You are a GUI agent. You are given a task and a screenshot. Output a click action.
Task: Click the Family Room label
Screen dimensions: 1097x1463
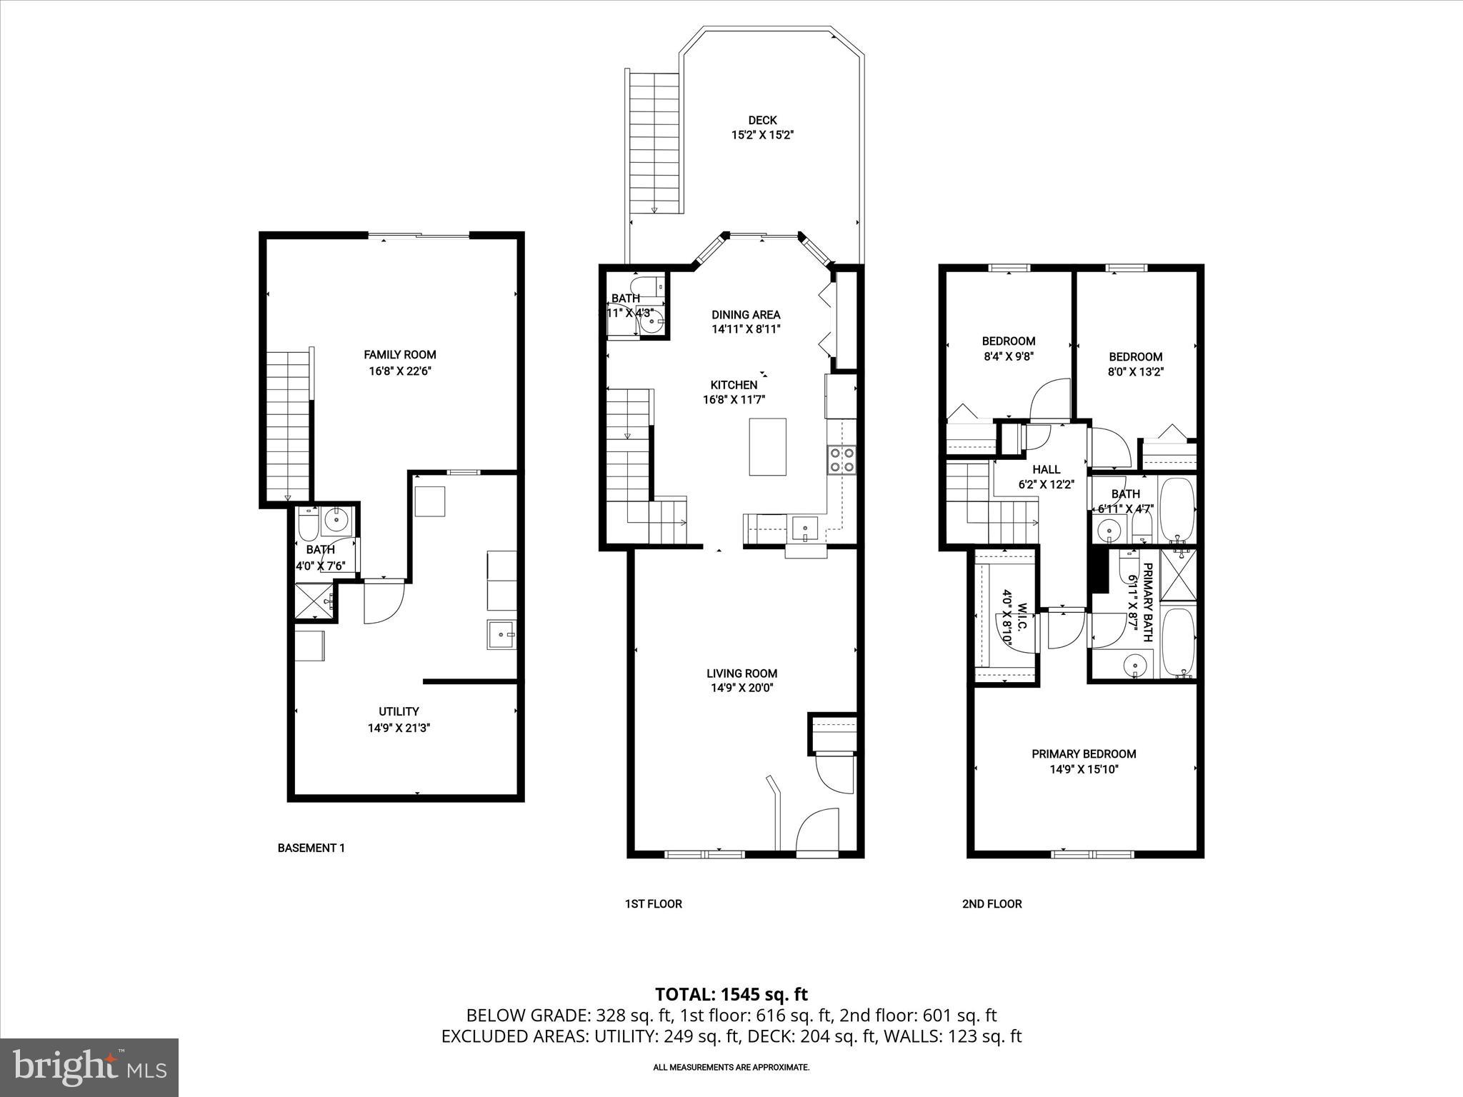[399, 355]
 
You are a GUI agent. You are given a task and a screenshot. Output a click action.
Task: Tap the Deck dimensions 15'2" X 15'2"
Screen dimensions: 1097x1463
[762, 134]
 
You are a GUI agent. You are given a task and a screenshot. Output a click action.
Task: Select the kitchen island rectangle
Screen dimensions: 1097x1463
[767, 447]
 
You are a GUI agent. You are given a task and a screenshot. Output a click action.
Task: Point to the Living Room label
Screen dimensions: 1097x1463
[742, 673]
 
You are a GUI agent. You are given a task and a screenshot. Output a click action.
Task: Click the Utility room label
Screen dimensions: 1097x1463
[399, 711]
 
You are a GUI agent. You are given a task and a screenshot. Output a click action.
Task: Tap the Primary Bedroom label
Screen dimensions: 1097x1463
[1084, 754]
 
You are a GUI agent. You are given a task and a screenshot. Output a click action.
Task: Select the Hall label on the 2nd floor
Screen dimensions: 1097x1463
[1046, 469]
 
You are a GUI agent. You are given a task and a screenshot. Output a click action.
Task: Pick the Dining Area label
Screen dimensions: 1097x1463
[746, 315]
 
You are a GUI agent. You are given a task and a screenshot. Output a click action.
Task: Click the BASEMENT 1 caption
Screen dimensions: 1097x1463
[311, 848]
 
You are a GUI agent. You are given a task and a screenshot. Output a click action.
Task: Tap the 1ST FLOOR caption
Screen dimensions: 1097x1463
[653, 904]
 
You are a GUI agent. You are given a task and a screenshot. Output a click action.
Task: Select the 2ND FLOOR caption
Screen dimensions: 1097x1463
[992, 904]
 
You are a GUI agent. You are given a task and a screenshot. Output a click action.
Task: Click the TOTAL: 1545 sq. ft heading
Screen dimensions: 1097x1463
[731, 994]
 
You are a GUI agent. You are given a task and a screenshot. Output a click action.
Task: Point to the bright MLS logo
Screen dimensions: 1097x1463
[89, 1067]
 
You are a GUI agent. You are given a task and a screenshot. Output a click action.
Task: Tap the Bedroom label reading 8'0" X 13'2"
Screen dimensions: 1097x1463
[1135, 357]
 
